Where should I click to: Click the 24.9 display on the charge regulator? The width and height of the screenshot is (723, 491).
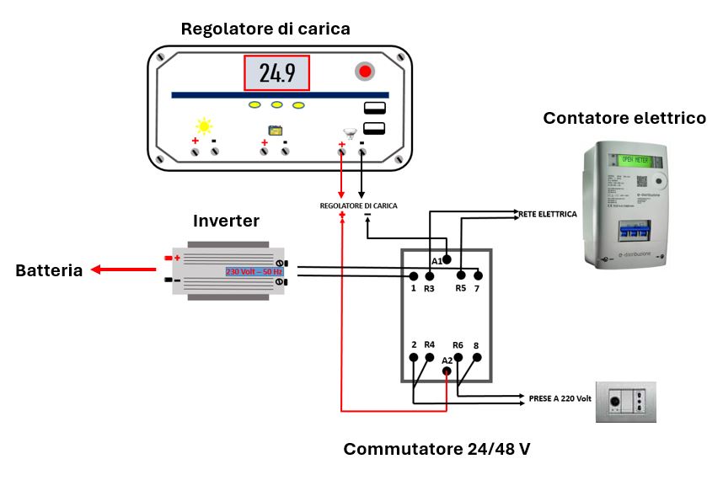tap(276, 73)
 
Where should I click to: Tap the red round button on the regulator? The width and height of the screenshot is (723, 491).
tap(365, 72)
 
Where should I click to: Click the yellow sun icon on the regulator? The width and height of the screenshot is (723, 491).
tap(204, 126)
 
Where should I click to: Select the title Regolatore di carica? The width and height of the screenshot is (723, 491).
tap(265, 29)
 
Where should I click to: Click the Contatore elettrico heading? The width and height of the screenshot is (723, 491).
tap(624, 118)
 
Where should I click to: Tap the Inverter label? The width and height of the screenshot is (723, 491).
tap(227, 221)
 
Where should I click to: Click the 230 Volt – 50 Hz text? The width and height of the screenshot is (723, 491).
tap(254, 271)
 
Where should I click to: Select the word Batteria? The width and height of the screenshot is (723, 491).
tap(49, 270)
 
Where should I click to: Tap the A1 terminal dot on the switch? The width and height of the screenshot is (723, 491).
tap(447, 259)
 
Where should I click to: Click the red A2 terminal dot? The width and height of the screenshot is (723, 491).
tap(447, 371)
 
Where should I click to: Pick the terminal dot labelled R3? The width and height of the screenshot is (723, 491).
tap(430, 275)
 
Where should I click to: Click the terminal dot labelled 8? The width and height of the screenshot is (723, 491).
tap(476, 357)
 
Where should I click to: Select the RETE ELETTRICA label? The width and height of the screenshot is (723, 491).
tap(548, 215)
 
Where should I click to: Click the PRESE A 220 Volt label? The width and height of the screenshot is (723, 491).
tap(560, 397)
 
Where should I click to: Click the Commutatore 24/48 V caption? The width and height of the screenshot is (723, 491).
tap(436, 449)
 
